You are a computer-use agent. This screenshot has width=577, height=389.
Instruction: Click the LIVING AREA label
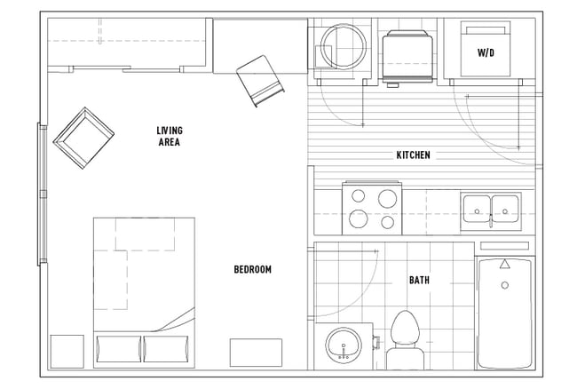pos(170,136)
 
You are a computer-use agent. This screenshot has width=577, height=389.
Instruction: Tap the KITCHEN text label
pos(413,155)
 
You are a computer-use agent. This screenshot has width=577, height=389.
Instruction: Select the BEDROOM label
pos(252,270)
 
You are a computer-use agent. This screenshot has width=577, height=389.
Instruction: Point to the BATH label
pos(420,281)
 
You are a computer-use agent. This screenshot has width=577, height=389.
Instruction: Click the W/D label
pos(486,53)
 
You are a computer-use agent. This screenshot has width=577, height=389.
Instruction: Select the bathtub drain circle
pos(505,286)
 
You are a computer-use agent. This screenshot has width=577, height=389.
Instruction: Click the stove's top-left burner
pos(359,196)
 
